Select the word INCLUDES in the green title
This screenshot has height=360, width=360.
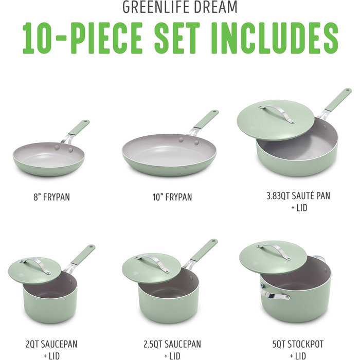274,38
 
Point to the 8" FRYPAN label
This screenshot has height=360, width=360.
51,197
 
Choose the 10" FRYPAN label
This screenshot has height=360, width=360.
172,197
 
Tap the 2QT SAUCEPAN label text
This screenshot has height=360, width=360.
51,344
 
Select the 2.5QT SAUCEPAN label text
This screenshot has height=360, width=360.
172,344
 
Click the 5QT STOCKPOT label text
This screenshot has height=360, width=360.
298,344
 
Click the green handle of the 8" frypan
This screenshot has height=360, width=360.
79,128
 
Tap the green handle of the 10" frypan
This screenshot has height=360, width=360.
206,119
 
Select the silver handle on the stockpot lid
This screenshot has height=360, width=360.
274,251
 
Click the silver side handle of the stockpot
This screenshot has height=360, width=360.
274,293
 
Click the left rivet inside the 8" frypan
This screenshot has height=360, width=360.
57,147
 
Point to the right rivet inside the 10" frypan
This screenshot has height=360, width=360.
196,142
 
